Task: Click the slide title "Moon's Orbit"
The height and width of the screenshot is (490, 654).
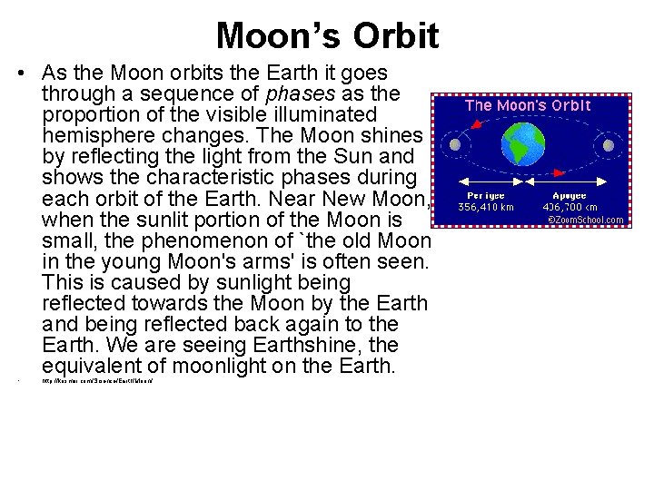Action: (327, 35)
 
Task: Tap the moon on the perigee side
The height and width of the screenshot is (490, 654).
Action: (454, 143)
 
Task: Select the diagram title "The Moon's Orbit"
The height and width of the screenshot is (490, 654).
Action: (528, 105)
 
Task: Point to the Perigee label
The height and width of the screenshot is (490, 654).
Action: (486, 195)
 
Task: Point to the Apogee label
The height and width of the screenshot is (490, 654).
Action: (570, 195)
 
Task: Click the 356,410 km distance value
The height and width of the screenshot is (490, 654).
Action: (486, 207)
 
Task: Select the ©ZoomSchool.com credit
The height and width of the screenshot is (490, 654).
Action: (584, 220)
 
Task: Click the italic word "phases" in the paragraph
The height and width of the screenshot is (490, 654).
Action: (291, 93)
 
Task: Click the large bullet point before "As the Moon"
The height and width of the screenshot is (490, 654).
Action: (20, 73)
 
